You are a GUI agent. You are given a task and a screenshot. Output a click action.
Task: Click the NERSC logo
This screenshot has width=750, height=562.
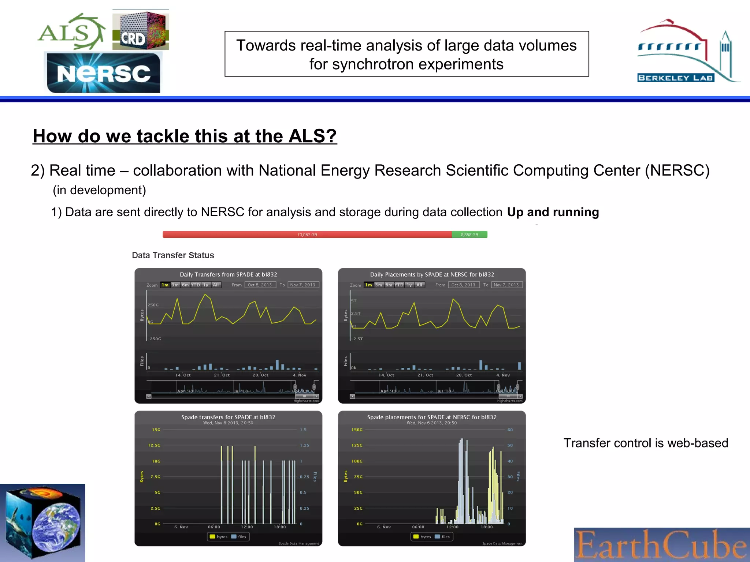point(104,72)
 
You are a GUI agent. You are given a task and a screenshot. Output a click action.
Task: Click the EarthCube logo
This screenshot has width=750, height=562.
point(661,544)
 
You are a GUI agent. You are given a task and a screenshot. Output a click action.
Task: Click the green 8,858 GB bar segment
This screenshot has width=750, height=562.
point(469,235)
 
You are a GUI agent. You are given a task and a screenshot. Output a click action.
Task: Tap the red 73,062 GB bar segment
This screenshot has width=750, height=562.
point(307,235)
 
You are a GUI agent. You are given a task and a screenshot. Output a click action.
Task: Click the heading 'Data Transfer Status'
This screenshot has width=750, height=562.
point(173,255)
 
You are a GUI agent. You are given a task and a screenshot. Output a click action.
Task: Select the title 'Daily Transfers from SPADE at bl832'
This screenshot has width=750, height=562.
point(228,274)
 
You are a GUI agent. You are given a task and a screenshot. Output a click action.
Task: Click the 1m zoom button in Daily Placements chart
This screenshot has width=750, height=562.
point(368,285)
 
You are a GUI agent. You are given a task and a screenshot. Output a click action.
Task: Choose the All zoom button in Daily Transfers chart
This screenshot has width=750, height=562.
point(216,285)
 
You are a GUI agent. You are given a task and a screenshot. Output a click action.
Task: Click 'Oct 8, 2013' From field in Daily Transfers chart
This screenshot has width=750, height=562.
point(260,285)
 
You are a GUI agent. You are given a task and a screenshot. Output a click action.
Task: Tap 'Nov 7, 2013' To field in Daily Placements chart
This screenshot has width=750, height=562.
point(506,285)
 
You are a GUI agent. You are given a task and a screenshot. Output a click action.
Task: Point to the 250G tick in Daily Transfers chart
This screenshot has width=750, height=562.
point(153,305)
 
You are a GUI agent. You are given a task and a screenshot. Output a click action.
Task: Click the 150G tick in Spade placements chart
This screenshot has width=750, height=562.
point(357,430)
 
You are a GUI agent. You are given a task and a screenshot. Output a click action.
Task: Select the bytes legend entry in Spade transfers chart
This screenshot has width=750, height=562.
point(219,537)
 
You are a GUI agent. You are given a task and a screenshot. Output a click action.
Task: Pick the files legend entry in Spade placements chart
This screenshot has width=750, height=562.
point(442,537)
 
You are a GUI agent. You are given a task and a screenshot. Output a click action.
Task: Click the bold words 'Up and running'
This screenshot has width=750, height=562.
point(553,212)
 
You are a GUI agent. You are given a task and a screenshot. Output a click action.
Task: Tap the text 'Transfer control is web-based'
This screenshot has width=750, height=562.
point(646,443)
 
